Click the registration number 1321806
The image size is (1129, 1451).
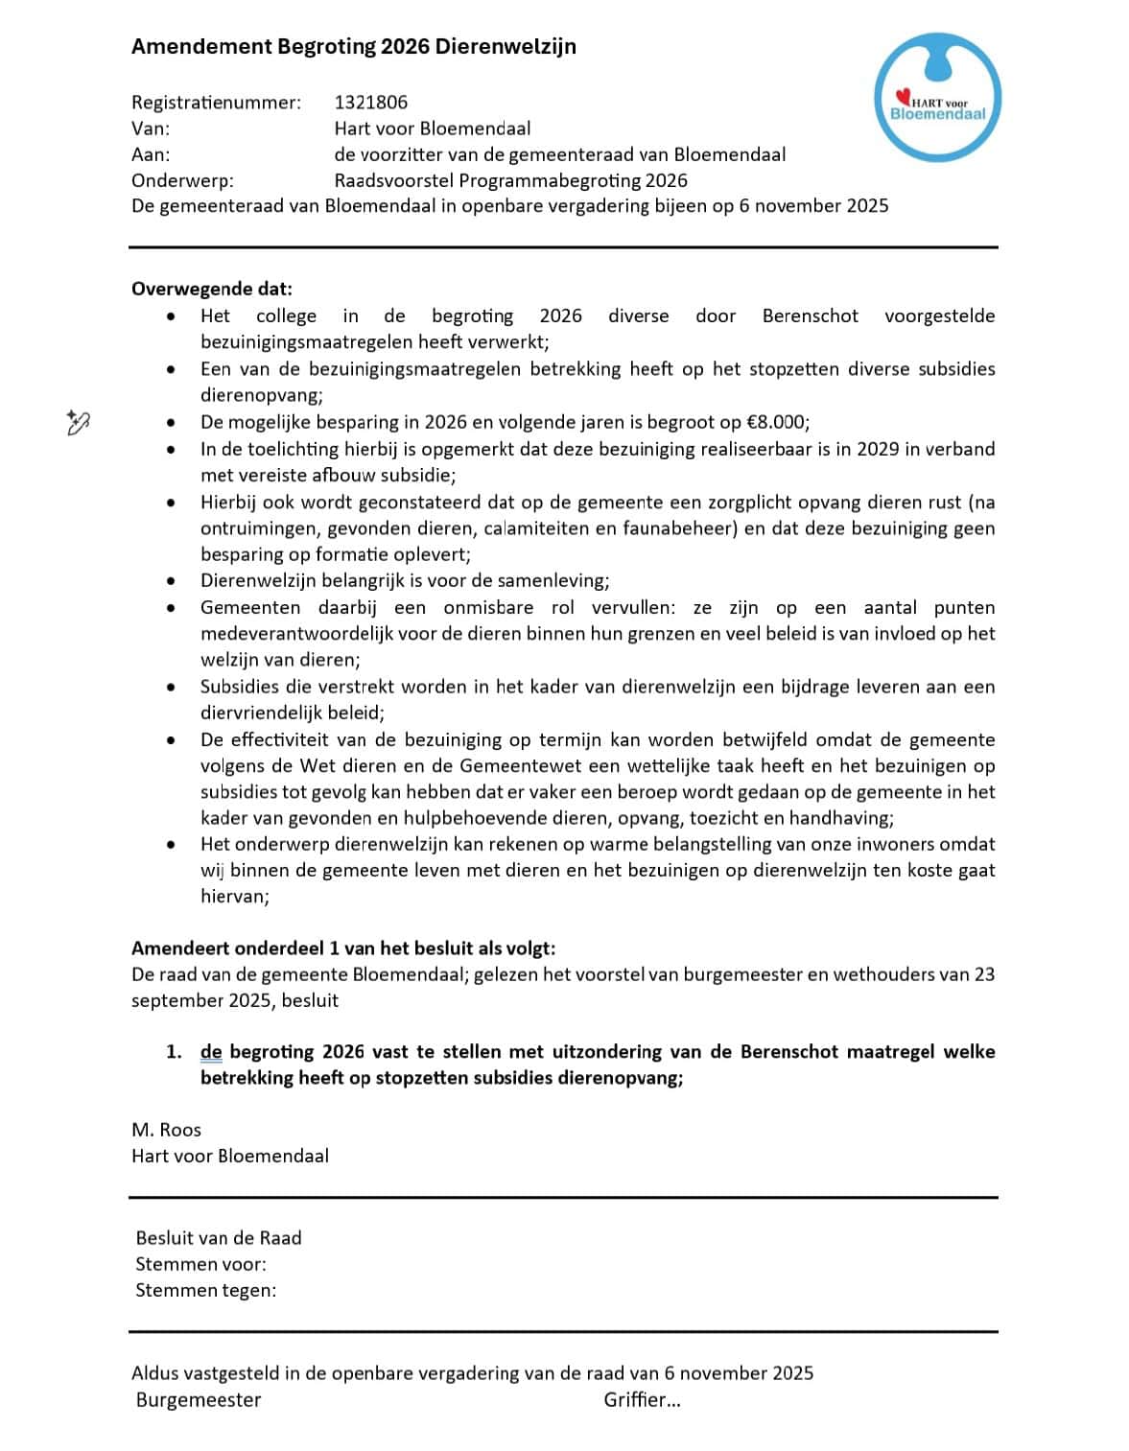pos(370,103)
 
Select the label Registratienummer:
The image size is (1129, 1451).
pos(216,103)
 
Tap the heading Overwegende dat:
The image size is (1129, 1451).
pos(212,289)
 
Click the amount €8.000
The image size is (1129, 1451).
pos(775,422)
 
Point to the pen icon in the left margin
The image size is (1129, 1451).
pos(78,422)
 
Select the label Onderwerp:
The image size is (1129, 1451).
pos(182,180)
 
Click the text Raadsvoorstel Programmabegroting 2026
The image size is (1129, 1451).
pos(510,180)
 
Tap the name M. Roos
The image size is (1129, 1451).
pos(166,1130)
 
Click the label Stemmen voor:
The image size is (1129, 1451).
pos(200,1264)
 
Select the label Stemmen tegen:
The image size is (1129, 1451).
pos(205,1290)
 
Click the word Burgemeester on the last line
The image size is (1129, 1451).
pos(199,1399)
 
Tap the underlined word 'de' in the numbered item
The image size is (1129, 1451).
pos(211,1052)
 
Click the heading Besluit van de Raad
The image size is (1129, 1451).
pos(219,1238)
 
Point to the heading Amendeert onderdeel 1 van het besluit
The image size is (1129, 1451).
pos(343,948)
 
